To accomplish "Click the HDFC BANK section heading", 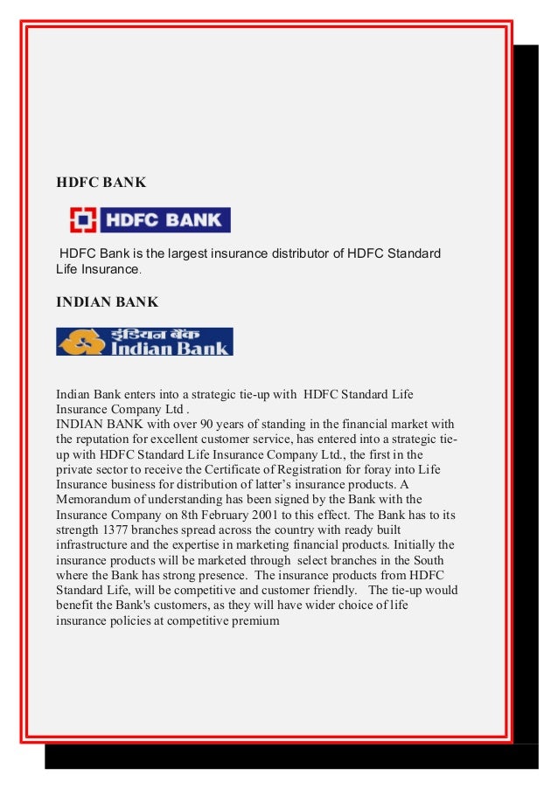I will pyautogui.click(x=101, y=183).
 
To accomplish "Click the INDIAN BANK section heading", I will pyautogui.click(x=107, y=302).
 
